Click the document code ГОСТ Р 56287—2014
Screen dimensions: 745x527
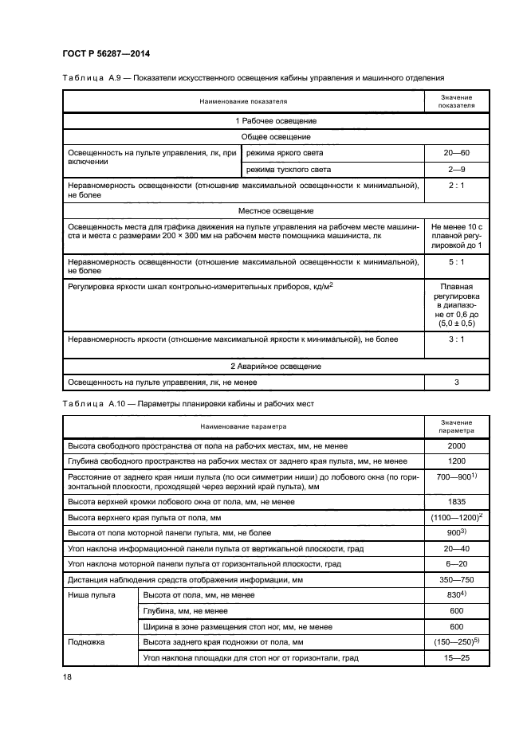pos(106,53)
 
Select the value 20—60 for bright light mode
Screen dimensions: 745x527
pos(457,152)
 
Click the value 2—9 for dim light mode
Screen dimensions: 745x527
pos(457,170)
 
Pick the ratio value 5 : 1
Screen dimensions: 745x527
pos(457,262)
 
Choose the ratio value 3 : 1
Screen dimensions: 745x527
pos(457,340)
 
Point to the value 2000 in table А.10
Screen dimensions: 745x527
pos(457,446)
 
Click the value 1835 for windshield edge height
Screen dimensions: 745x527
pos(457,502)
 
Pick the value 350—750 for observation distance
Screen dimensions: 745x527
pos(457,579)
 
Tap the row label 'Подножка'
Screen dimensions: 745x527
pos(85,641)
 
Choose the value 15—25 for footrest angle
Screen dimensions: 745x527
pos(457,658)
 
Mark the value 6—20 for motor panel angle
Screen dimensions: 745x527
pos(457,564)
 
